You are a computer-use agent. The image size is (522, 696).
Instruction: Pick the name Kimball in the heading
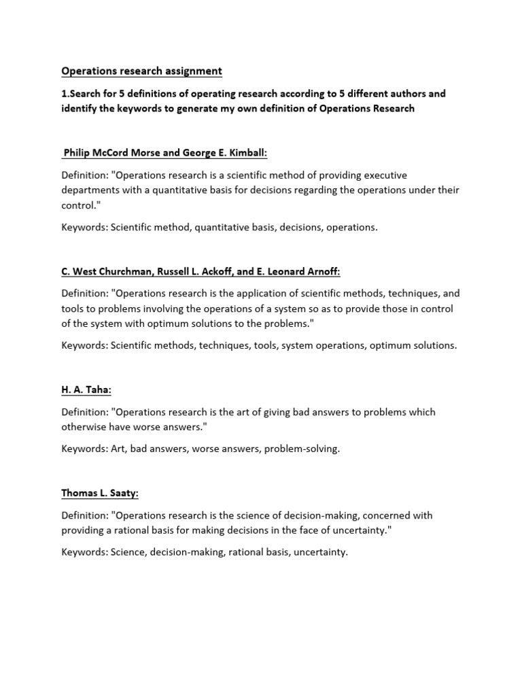click(238, 154)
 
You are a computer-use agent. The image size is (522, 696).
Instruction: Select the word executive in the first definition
click(385, 175)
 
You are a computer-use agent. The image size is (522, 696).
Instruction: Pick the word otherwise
click(84, 427)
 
